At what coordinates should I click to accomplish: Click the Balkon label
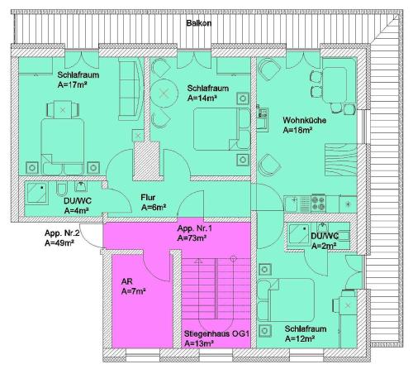pyautogui.click(x=199, y=23)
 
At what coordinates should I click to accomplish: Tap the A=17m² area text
pyautogui.click(x=72, y=84)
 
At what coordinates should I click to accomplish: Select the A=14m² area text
pyautogui.click(x=202, y=98)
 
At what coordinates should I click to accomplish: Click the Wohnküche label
pyautogui.click(x=305, y=120)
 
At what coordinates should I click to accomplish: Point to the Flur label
pyautogui.click(x=148, y=198)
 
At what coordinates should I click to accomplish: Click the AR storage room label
pyautogui.click(x=127, y=281)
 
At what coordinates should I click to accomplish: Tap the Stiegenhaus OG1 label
pyautogui.click(x=216, y=333)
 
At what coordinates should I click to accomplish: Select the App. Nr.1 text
pyautogui.click(x=195, y=228)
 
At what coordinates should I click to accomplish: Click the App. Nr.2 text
pyautogui.click(x=62, y=233)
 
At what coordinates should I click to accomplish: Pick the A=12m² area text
pyautogui.click(x=300, y=338)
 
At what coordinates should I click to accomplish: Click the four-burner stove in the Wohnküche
pyautogui.click(x=318, y=204)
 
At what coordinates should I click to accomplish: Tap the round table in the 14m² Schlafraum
pyautogui.click(x=164, y=93)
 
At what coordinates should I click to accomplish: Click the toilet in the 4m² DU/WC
pyautogui.click(x=61, y=189)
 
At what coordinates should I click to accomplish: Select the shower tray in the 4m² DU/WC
pyautogui.click(x=36, y=193)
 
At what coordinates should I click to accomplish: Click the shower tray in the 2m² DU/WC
pyautogui.click(x=299, y=234)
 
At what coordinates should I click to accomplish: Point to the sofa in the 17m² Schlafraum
pyautogui.click(x=131, y=89)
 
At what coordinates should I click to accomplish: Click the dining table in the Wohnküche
pyautogui.click(x=335, y=85)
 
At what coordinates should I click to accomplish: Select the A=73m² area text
pyautogui.click(x=192, y=238)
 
